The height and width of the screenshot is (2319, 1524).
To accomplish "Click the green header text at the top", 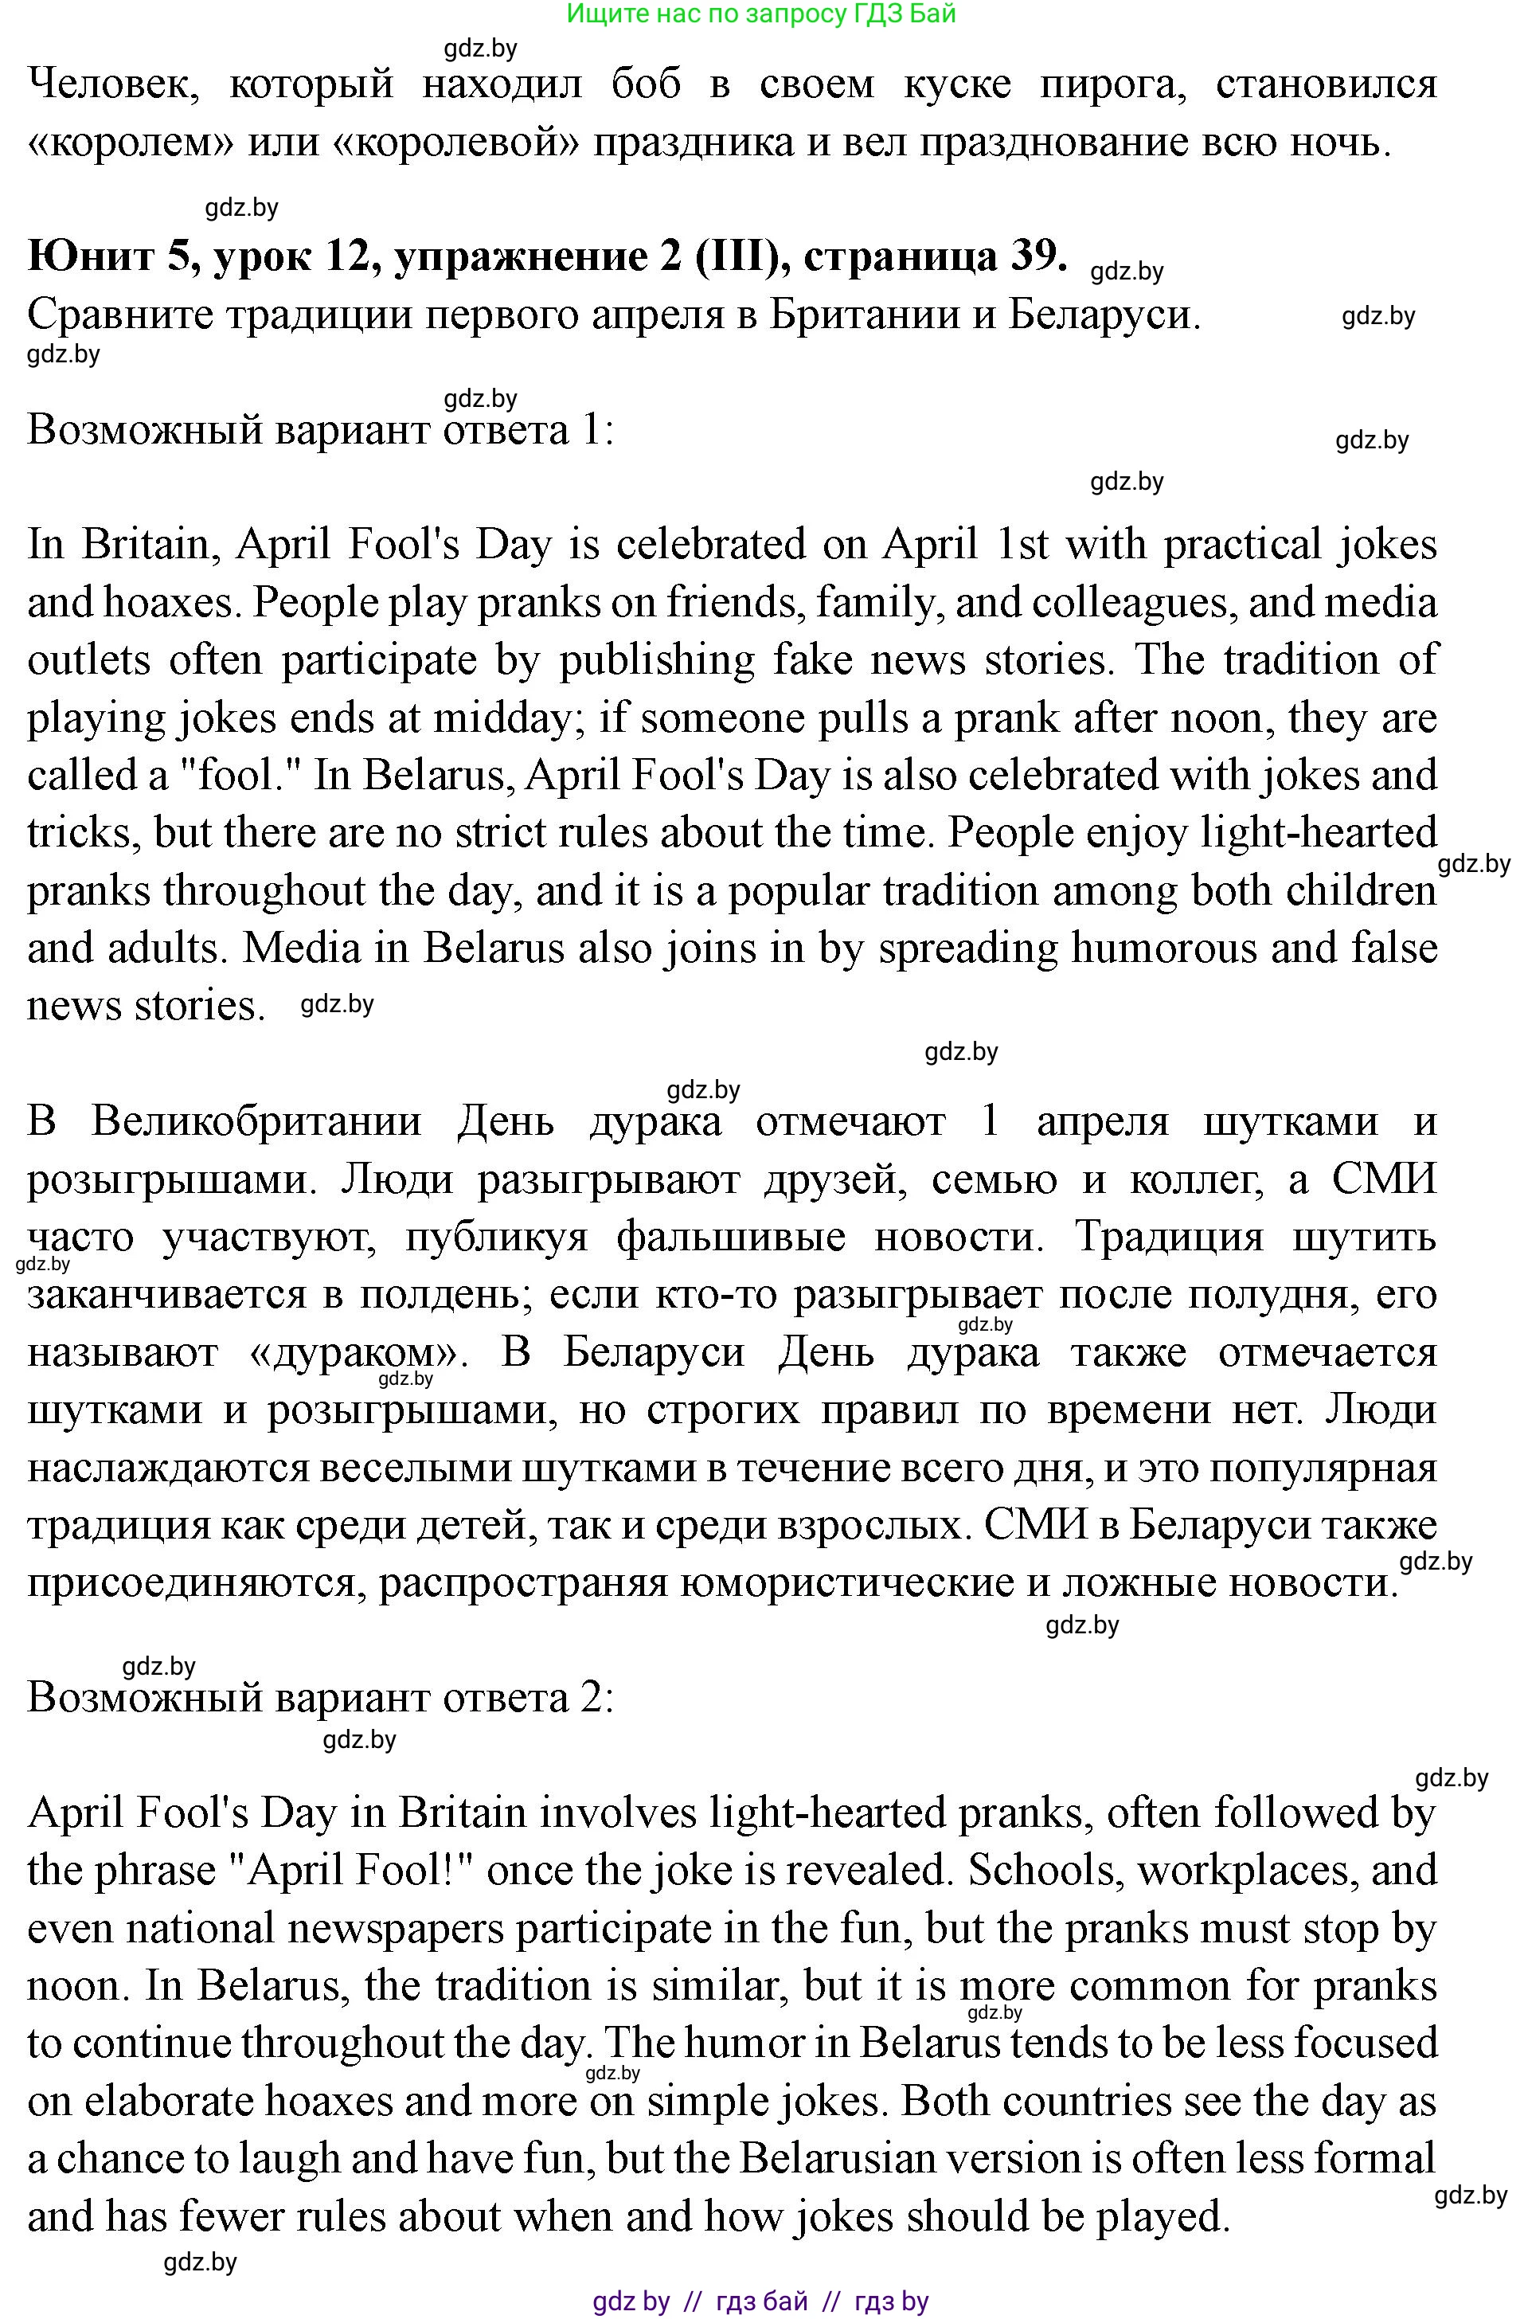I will pos(761,14).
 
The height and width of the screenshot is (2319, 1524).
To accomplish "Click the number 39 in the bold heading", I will pos(1032,256).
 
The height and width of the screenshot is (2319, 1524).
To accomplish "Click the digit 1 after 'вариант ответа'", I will pos(595,430).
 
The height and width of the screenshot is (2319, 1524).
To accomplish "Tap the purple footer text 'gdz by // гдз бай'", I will pos(761,2302).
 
